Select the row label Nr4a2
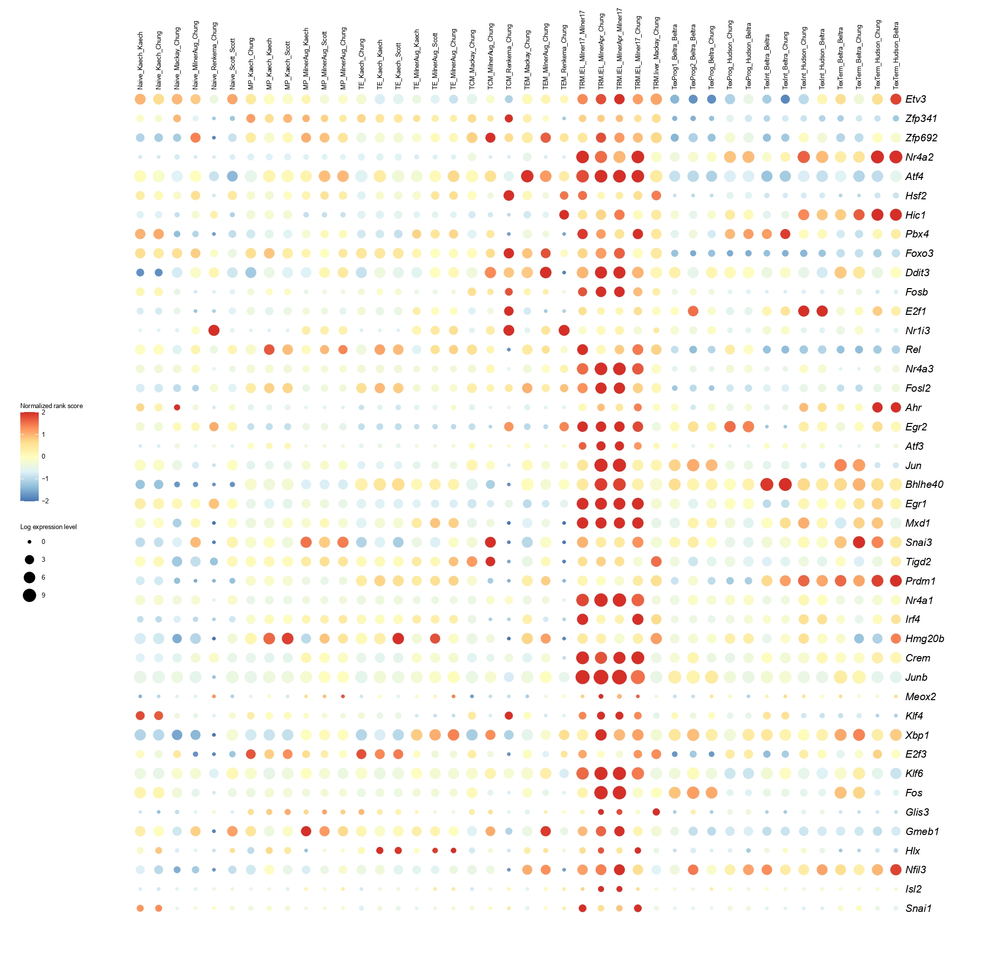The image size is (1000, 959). click(919, 157)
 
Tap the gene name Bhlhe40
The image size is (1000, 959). click(924, 484)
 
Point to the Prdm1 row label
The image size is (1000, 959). click(920, 581)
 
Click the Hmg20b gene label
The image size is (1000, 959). click(924, 638)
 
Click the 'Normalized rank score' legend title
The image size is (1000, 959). click(52, 406)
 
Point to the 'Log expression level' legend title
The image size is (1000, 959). click(49, 527)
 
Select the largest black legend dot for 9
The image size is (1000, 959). click(30, 595)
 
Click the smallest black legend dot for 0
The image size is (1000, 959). click(30, 541)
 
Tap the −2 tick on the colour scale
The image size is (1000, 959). click(45, 501)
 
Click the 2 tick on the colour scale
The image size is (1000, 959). click(43, 413)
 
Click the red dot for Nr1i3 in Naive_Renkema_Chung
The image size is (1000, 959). click(214, 330)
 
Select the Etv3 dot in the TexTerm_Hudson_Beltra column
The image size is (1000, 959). click(895, 99)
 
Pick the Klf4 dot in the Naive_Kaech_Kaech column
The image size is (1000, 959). click(140, 716)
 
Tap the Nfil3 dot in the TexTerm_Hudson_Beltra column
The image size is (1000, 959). click(895, 870)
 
